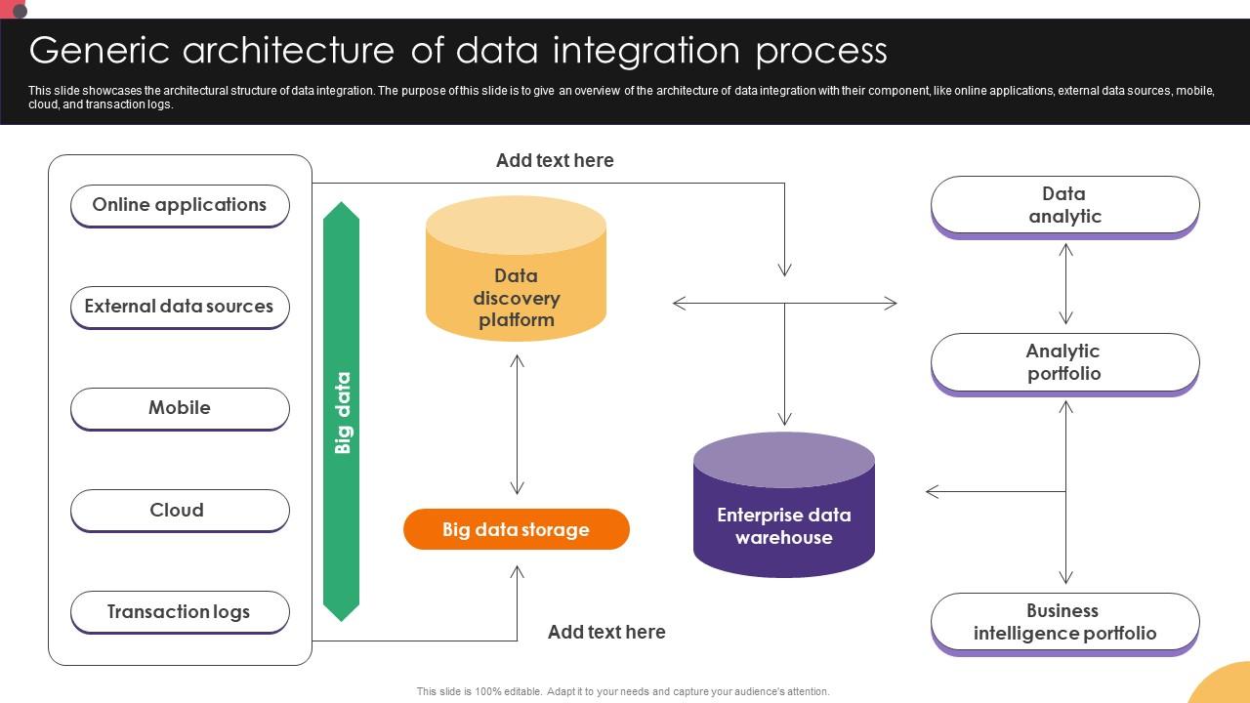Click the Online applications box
click(x=180, y=205)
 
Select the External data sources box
click(x=180, y=307)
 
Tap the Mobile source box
click(x=180, y=408)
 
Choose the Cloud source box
click(x=180, y=510)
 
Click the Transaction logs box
click(x=180, y=612)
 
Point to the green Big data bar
click(x=342, y=411)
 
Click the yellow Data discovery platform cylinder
click(x=516, y=283)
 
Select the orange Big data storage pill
click(x=516, y=529)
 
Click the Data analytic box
click(x=1064, y=205)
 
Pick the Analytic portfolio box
click(x=1064, y=362)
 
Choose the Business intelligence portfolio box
click(x=1064, y=622)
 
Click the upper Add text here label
click(x=555, y=161)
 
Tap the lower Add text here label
click(x=606, y=633)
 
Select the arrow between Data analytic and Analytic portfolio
click(x=1065, y=283)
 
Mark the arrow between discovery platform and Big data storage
click(x=517, y=425)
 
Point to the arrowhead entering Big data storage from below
click(x=517, y=570)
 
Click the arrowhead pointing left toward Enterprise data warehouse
click(x=932, y=491)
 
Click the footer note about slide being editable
click(x=623, y=691)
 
